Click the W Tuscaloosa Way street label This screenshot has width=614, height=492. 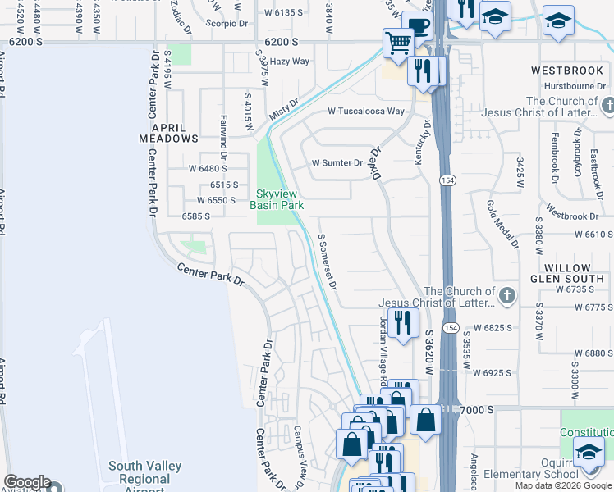pyautogui.click(x=366, y=111)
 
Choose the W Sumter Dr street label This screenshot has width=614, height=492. pyautogui.click(x=337, y=163)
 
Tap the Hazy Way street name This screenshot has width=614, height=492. pyautogui.click(x=290, y=61)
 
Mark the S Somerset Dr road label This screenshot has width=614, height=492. pyautogui.click(x=327, y=262)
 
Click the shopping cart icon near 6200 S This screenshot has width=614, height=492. pyautogui.click(x=398, y=43)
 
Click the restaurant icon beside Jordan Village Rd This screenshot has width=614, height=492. pyautogui.click(x=402, y=322)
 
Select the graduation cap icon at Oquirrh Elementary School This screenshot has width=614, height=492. pyautogui.click(x=589, y=452)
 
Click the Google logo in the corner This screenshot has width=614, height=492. pyautogui.click(x=26, y=483)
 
